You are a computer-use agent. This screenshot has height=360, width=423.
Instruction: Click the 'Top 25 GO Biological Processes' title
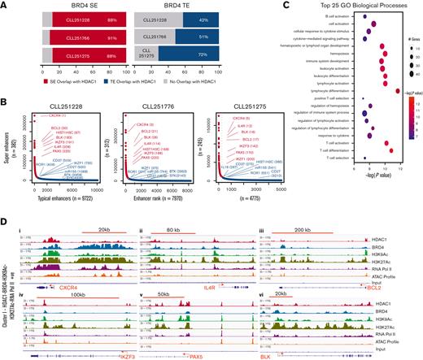336,6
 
